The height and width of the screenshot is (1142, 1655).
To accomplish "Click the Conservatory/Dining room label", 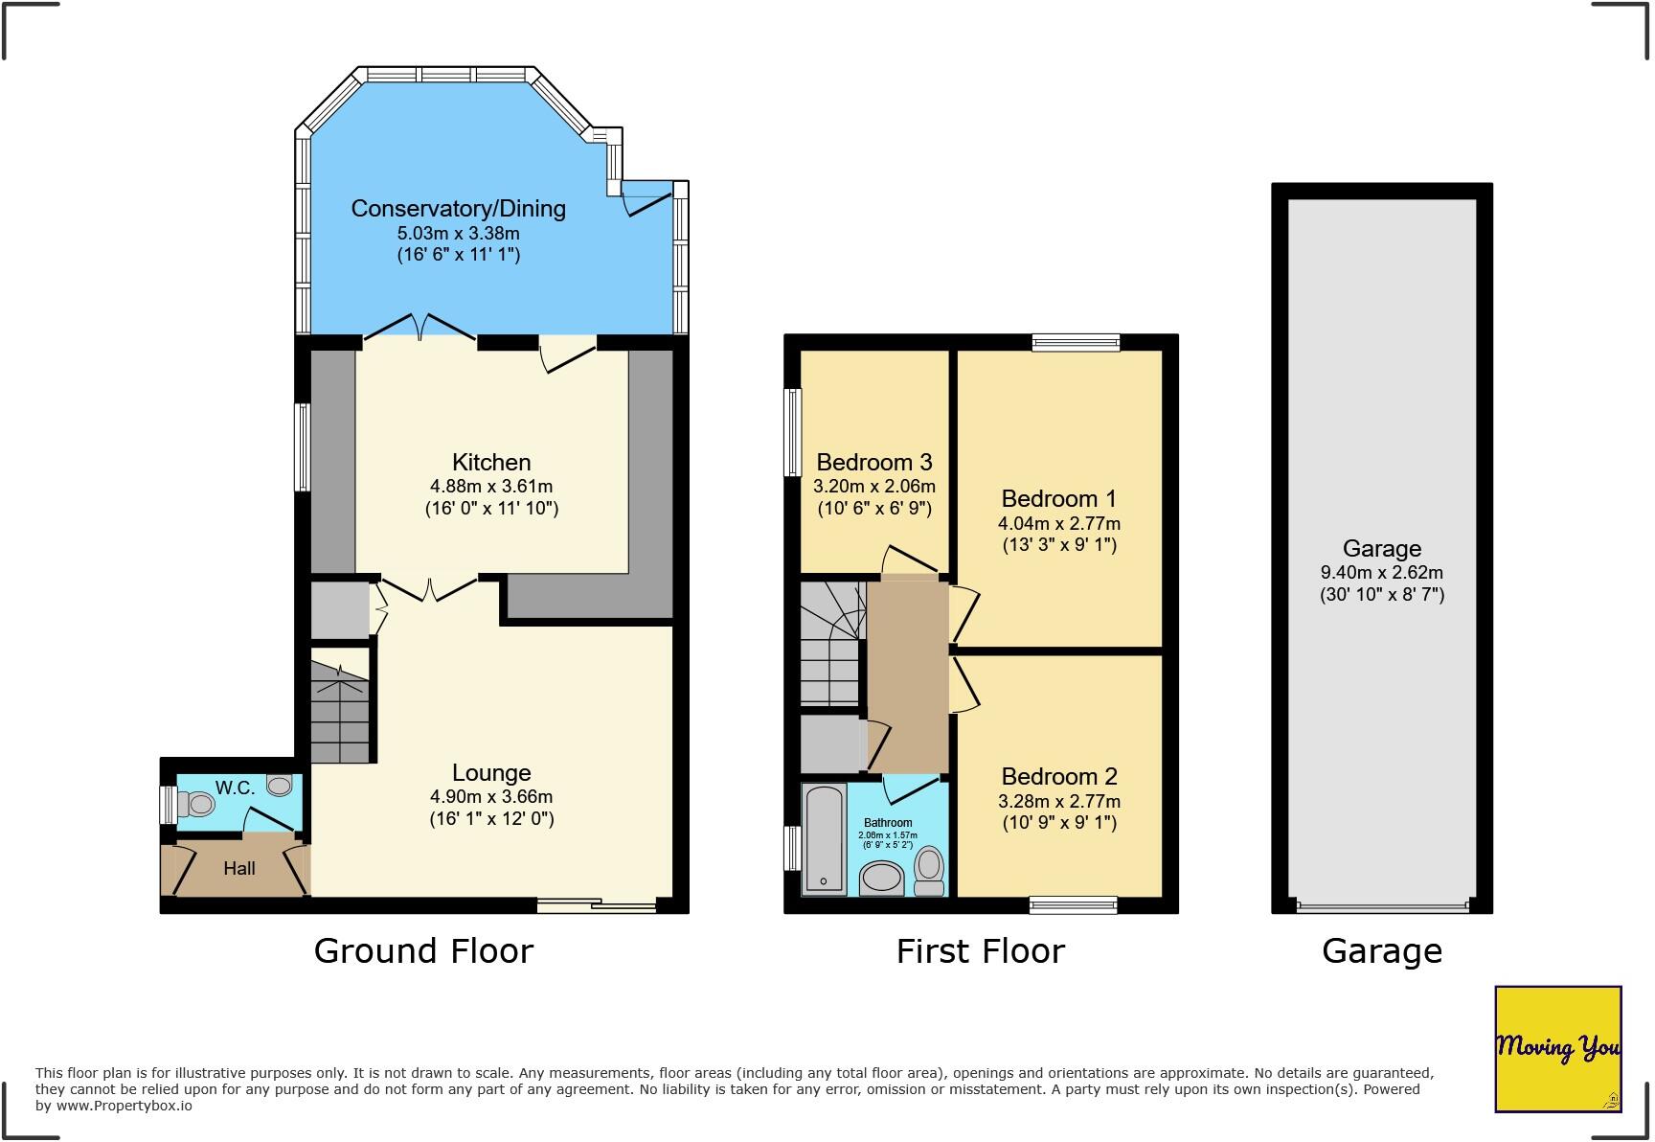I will [x=458, y=208].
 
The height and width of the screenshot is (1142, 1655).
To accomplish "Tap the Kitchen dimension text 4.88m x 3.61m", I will [x=491, y=486].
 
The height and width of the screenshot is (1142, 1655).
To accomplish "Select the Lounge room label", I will [x=491, y=772].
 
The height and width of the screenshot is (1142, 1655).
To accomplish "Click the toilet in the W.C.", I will [x=198, y=804].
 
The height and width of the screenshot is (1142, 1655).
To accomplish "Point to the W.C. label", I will [x=235, y=788].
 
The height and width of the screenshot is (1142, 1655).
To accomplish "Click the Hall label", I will [x=239, y=868].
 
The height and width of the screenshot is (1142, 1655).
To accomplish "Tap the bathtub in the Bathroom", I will [x=824, y=838].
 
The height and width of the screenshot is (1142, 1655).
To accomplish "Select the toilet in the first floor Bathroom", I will [x=929, y=870].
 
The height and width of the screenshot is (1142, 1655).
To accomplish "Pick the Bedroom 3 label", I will [x=873, y=463].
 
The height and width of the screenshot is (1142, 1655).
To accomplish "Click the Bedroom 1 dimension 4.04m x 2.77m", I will [x=1059, y=523].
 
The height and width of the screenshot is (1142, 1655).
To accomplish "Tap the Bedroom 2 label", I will [x=1059, y=776].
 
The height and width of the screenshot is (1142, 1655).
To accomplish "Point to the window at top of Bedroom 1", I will [x=1076, y=342].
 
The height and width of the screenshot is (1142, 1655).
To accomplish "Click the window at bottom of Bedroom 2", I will [x=1073, y=904].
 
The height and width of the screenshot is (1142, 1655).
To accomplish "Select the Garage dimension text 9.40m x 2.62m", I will [x=1381, y=572].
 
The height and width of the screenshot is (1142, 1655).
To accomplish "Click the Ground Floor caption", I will [x=423, y=950].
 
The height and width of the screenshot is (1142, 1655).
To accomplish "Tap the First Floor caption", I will [x=980, y=950].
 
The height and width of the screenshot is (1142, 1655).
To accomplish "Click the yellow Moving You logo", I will [x=1557, y=1048].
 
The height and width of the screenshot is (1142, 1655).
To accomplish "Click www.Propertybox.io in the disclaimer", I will [x=124, y=1106].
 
